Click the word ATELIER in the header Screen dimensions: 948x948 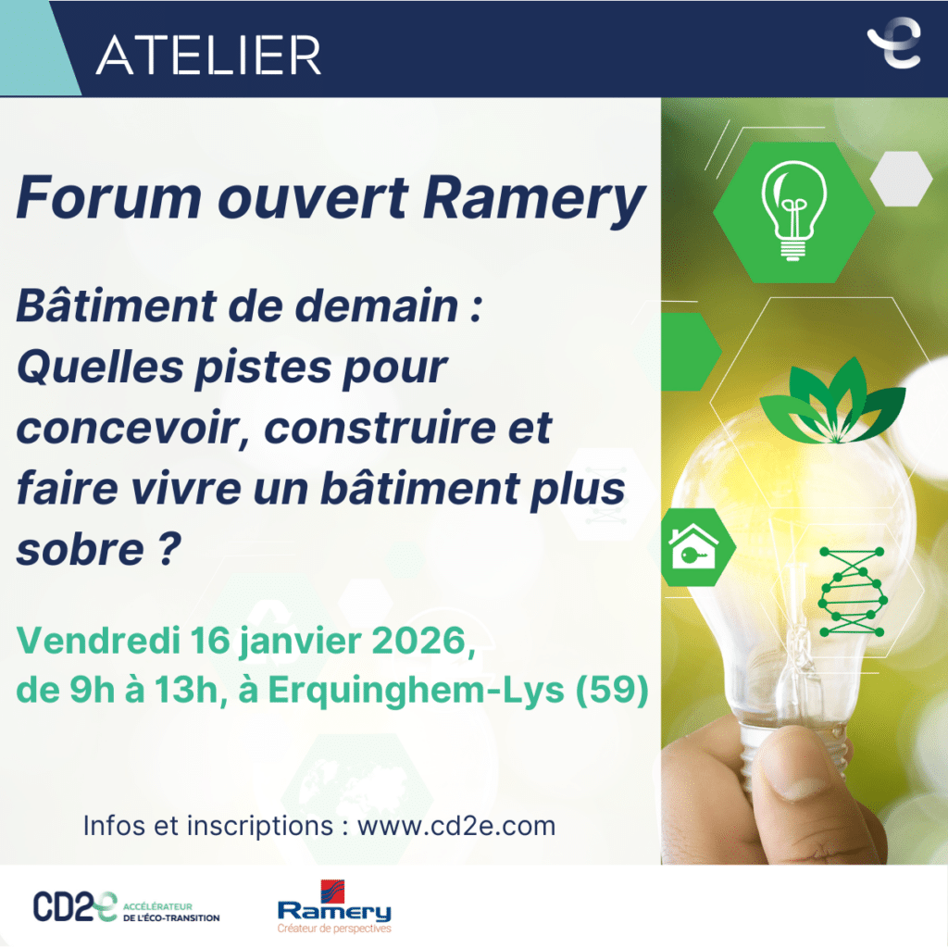(x=208, y=55)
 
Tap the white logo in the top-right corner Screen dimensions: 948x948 (x=895, y=43)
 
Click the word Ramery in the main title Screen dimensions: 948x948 (x=534, y=198)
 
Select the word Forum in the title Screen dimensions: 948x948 (x=109, y=197)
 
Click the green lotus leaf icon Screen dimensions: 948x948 (x=832, y=401)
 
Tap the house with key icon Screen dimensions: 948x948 (x=693, y=546)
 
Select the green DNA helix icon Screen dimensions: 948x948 (x=853, y=592)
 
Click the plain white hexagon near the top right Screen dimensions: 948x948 (x=901, y=179)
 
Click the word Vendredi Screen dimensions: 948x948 (x=98, y=640)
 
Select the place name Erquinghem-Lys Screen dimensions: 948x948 (x=416, y=691)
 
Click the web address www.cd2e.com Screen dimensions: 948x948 (x=456, y=826)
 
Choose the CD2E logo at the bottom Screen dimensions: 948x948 (x=126, y=907)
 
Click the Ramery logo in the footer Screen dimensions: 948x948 (x=334, y=906)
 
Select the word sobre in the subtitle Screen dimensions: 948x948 (x=81, y=550)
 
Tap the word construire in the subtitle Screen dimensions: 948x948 (x=380, y=428)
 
